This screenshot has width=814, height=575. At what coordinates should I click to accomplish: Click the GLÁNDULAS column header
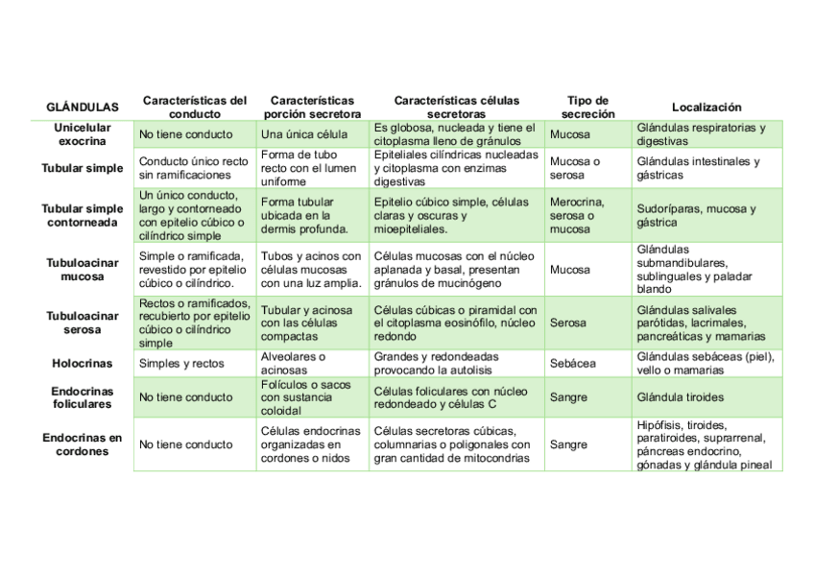[83, 108]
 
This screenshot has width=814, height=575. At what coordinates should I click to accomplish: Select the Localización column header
[706, 108]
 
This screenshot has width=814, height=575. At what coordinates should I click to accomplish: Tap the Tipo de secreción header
[587, 107]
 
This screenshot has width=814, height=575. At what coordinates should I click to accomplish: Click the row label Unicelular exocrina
[83, 134]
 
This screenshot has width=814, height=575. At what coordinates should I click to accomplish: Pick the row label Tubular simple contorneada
[83, 216]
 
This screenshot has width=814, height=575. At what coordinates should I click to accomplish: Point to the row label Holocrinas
[83, 364]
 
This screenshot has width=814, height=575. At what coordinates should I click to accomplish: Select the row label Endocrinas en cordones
[83, 444]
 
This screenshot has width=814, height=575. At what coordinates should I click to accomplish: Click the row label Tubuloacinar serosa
[83, 323]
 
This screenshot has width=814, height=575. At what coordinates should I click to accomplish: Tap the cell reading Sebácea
[573, 364]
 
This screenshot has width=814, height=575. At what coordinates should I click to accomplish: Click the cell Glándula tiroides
[680, 397]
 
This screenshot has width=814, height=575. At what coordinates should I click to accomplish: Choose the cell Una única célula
[304, 134]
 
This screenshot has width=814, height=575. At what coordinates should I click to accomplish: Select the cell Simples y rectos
[181, 364]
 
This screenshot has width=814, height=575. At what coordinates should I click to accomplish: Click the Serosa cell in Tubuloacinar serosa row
[568, 323]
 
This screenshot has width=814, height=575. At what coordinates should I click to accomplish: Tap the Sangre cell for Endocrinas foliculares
[568, 397]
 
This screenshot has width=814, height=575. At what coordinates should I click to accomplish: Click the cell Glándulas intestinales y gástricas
[698, 169]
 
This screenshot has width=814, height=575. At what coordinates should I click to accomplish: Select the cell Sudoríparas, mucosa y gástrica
[696, 216]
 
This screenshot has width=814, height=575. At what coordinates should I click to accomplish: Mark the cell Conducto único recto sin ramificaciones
[194, 169]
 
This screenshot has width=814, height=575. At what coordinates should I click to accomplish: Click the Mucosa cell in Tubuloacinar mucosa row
[570, 270]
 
